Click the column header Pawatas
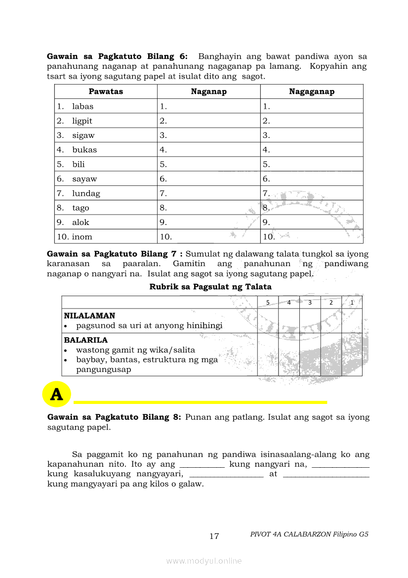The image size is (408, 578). pyautogui.click(x=106, y=91)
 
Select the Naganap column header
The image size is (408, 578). pyautogui.click(x=208, y=91)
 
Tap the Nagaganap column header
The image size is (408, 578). pyautogui.click(x=312, y=91)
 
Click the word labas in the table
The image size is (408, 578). pyautogui.click(x=82, y=106)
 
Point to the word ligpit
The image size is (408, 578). pyautogui.click(x=82, y=121)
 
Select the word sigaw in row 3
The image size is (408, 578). pyautogui.click(x=83, y=135)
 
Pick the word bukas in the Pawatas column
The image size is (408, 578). pyautogui.click(x=84, y=150)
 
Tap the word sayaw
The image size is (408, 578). pyautogui.click(x=84, y=179)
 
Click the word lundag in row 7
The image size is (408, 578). pyautogui.click(x=86, y=193)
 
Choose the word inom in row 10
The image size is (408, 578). pyautogui.click(x=82, y=237)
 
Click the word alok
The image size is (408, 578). pyautogui.click(x=81, y=222)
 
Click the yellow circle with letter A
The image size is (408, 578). pyautogui.click(x=57, y=395)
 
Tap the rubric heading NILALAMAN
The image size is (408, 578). pyautogui.click(x=89, y=315)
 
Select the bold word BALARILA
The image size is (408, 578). pyautogui.click(x=85, y=340)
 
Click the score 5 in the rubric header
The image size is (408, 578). pyautogui.click(x=268, y=303)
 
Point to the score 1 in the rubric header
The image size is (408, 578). pyautogui.click(x=352, y=303)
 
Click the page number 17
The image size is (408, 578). pyautogui.click(x=214, y=536)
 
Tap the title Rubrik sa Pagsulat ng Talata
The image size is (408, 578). pyautogui.click(x=210, y=287)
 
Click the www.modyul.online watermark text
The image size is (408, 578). pyautogui.click(x=204, y=561)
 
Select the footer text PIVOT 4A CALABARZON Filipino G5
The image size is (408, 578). pyautogui.click(x=309, y=534)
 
